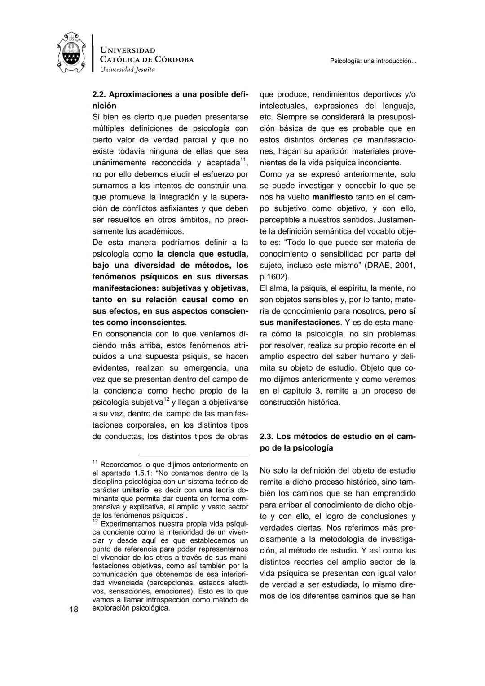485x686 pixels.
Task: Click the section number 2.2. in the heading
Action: coord(99,95)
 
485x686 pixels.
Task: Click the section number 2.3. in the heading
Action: coord(267,437)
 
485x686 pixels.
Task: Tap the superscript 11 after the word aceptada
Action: coord(243,160)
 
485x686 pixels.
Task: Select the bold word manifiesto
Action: coord(332,197)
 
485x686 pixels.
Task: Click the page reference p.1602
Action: coord(273,277)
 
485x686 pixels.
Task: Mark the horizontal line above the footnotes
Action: coord(193,456)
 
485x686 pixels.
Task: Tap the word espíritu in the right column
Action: coord(341,288)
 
